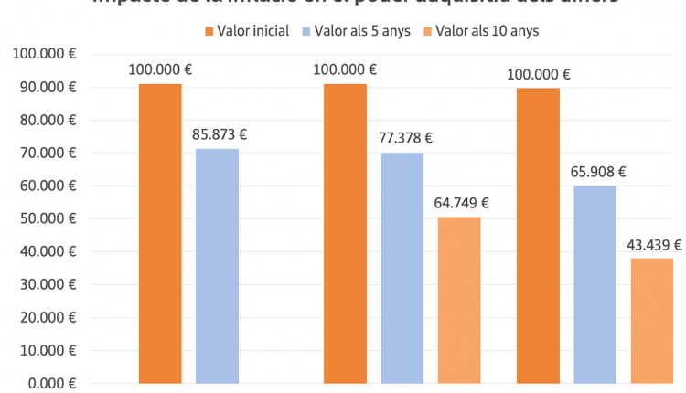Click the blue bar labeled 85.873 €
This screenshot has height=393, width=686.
point(217,265)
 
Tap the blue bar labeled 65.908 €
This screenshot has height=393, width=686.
point(595,283)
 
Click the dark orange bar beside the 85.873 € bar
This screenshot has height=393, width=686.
point(160,233)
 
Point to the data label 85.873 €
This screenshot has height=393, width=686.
point(220,134)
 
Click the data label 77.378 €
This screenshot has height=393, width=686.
point(404,138)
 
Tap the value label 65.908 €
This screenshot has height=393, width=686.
point(597,171)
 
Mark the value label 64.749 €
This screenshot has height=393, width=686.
point(461,203)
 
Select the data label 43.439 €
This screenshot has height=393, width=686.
point(654,244)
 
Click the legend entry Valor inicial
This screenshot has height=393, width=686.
point(247,31)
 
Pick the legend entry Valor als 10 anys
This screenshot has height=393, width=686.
point(479,31)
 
